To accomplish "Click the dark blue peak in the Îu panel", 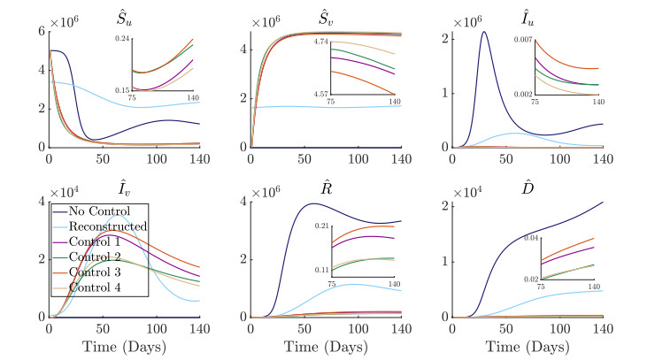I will (483, 33).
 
